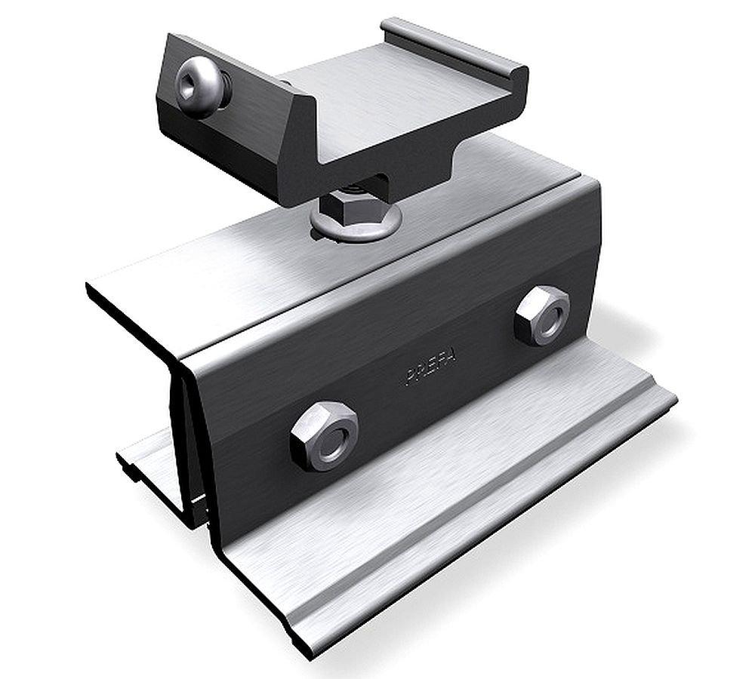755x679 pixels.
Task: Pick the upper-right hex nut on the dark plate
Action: [541, 312]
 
